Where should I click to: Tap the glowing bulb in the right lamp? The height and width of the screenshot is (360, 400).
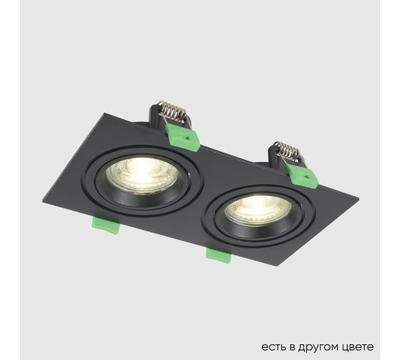tap(257, 209)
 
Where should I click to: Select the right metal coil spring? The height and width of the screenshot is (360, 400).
tap(287, 151)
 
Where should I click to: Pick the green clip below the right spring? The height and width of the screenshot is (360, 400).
tap(301, 175)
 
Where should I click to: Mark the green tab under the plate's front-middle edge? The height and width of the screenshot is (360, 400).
tap(219, 254)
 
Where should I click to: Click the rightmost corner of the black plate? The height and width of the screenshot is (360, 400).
tap(359, 199)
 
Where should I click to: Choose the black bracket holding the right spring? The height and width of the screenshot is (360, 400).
tap(273, 152)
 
